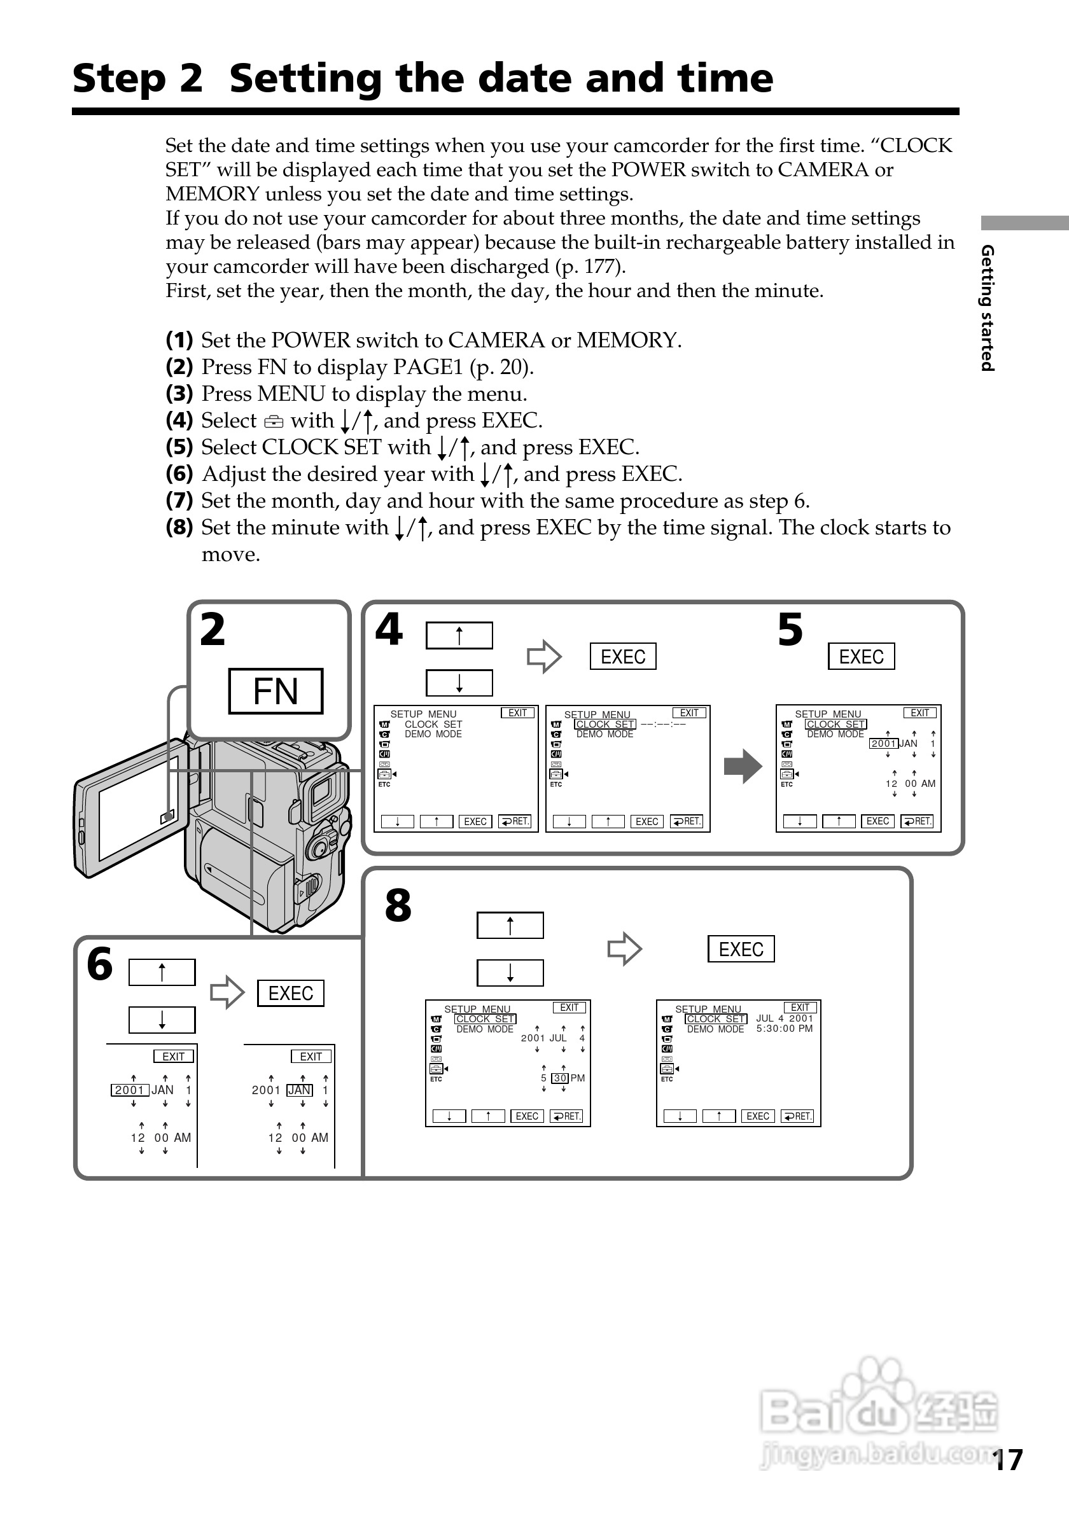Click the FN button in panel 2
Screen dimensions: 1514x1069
276,691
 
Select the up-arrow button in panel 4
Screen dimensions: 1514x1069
459,635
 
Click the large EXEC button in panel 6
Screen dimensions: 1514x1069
290,993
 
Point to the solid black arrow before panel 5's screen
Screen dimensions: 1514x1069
743,767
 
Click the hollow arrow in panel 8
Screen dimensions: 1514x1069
624,950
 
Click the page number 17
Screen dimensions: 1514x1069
1008,1460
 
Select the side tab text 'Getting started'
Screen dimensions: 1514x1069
987,308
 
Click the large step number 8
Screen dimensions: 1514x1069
398,906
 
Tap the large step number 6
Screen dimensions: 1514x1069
101,964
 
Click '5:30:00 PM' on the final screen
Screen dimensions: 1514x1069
784,1029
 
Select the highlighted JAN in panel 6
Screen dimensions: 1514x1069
300,1090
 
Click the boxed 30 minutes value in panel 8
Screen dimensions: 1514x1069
560,1078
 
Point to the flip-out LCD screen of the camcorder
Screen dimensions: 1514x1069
132,807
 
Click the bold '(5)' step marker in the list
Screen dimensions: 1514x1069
179,447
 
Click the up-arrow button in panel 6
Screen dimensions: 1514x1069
162,973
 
